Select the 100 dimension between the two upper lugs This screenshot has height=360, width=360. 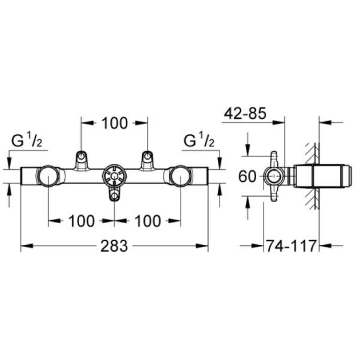(115, 123)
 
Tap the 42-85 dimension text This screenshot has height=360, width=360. (245, 113)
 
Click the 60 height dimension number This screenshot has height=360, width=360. (247, 176)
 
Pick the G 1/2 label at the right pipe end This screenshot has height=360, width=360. (199, 142)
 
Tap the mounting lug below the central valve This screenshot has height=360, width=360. (114, 196)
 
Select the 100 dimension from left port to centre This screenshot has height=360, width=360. (81, 221)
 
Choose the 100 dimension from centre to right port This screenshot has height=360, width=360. (147, 221)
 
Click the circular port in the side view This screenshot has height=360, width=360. (274, 176)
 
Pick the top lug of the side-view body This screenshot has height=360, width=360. (275, 158)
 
